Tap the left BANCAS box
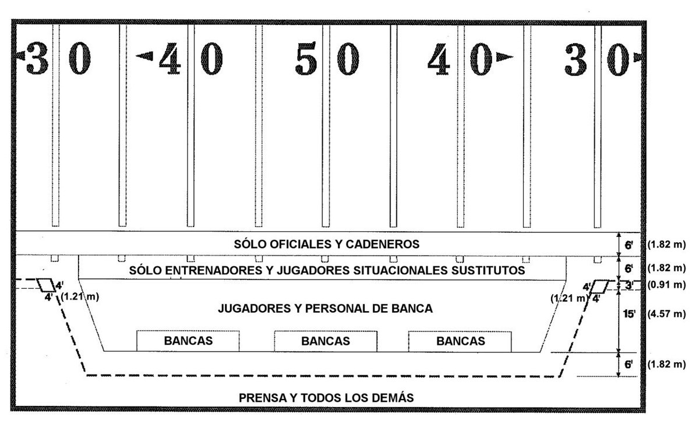pos(188,341)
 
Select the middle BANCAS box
pos(326,341)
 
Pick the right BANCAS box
pos(460,341)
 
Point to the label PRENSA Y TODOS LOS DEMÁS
pos(326,398)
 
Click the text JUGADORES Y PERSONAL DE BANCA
pos(325,309)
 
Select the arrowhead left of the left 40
pos(144,56)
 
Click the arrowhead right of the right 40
pos(504,57)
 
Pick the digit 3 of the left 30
pos(36,59)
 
